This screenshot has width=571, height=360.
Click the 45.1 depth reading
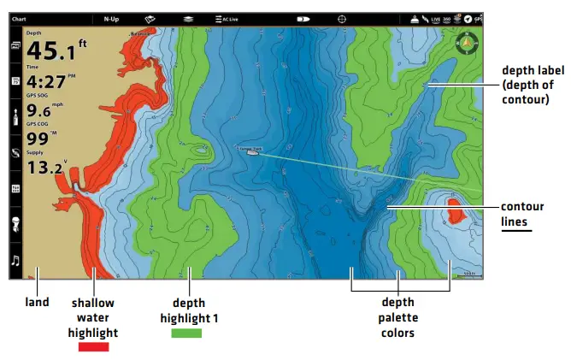53,52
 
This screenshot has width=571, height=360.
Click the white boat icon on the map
253,152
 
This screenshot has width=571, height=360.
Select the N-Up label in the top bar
112,18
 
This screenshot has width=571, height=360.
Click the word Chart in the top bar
19,18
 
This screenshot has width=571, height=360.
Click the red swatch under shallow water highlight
93,346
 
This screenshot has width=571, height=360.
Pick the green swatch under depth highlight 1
187,333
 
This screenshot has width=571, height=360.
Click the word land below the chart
37,302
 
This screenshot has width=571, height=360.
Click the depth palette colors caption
397,317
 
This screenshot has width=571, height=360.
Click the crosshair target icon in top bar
343,18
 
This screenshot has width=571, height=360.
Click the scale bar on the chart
467,274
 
